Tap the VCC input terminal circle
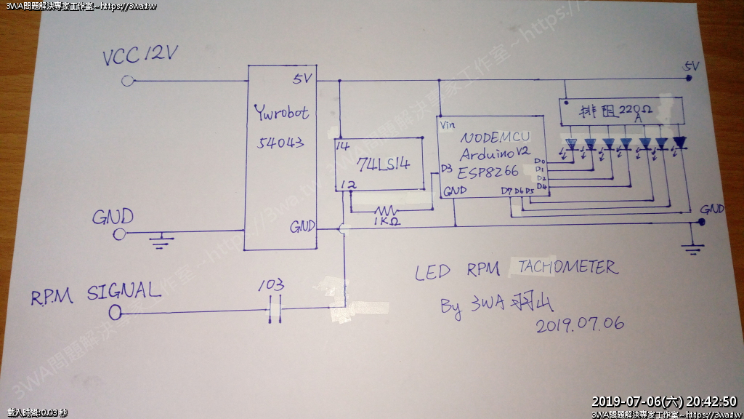128,81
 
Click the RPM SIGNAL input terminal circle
114,313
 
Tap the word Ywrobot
281,113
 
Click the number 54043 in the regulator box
280,143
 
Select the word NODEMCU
494,137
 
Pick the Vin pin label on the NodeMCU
448,124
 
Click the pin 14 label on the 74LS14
343,145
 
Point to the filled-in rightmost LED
679,142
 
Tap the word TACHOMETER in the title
567,268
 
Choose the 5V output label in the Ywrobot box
303,78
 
